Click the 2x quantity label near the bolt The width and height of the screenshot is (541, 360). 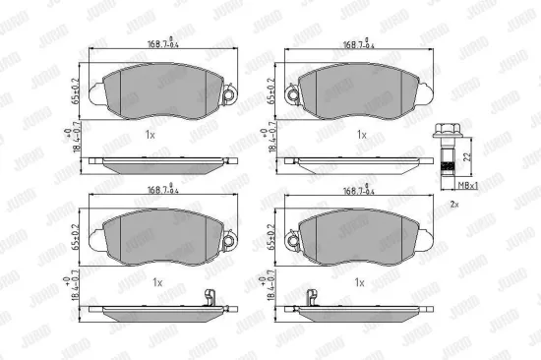pyautogui.click(x=454, y=204)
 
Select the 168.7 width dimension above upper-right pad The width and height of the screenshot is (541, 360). pyautogui.click(x=360, y=44)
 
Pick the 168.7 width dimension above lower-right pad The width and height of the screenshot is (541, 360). pyautogui.click(x=360, y=191)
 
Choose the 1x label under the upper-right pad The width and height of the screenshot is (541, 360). pyautogui.click(x=361, y=133)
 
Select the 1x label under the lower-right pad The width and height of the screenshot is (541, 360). pyautogui.click(x=361, y=281)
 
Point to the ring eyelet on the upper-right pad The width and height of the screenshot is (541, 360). pyautogui.click(x=291, y=93)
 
